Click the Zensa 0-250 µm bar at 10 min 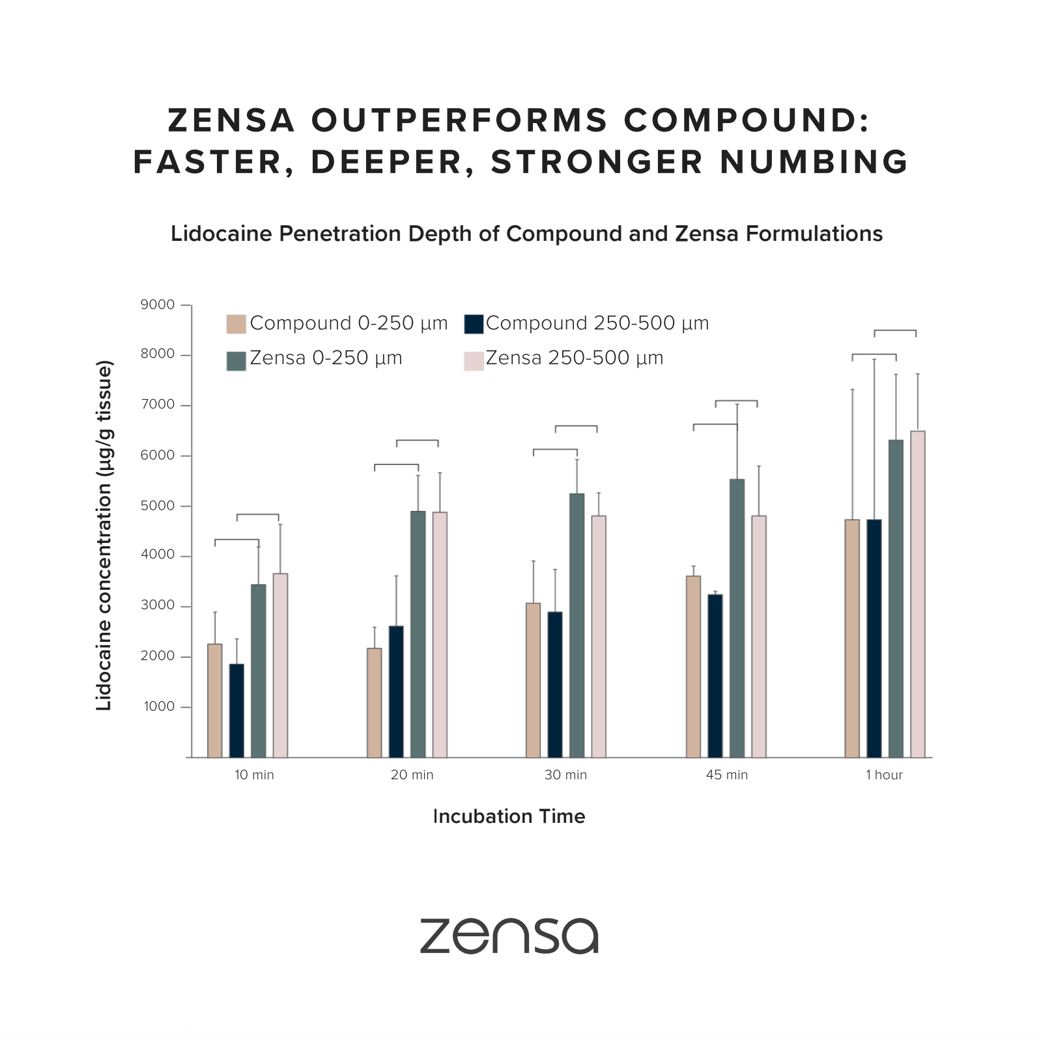point(258,671)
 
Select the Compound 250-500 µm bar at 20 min point(396,691)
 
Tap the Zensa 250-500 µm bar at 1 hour point(917,594)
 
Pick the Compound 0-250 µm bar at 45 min point(693,667)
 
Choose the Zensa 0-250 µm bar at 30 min point(577,625)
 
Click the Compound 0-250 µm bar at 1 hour point(852,638)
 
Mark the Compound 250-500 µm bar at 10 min point(236,710)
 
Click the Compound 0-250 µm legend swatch point(236,324)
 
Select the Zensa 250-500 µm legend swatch point(474,361)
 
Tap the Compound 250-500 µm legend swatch point(474,324)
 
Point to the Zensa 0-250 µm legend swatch point(236,361)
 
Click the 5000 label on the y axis point(158,506)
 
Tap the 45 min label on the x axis point(727,775)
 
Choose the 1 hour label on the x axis point(884,775)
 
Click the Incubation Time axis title point(509,816)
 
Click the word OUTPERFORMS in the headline point(459,121)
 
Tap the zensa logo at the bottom point(509,936)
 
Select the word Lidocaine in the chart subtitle point(221,234)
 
